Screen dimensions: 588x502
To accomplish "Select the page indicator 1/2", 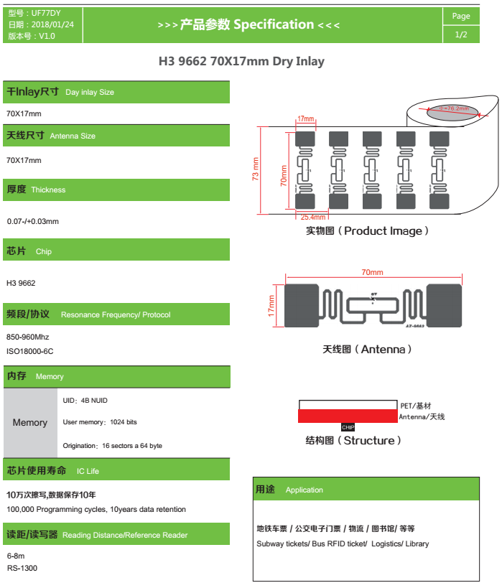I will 461,34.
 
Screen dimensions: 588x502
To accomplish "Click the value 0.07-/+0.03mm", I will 32,221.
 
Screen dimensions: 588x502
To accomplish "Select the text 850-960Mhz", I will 27,337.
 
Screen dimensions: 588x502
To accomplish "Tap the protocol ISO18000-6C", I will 29,351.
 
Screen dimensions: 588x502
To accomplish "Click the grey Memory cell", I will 30,422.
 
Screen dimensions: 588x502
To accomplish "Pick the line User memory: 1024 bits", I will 100,422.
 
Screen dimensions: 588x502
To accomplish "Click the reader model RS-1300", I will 22,568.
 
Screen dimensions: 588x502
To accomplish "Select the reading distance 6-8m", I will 16,556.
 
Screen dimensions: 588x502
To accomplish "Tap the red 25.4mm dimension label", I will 313,217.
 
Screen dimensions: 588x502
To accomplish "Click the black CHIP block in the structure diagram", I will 348,427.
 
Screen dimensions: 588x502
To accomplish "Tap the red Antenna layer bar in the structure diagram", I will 348,416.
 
